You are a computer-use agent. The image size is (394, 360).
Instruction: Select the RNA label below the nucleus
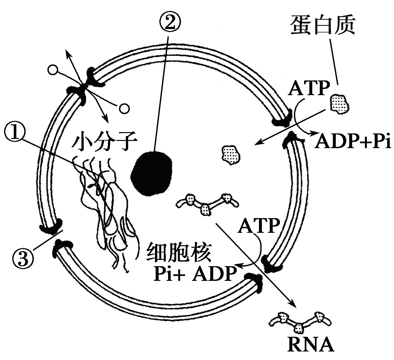click(311, 346)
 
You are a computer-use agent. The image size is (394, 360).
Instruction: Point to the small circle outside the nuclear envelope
click(53, 70)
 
